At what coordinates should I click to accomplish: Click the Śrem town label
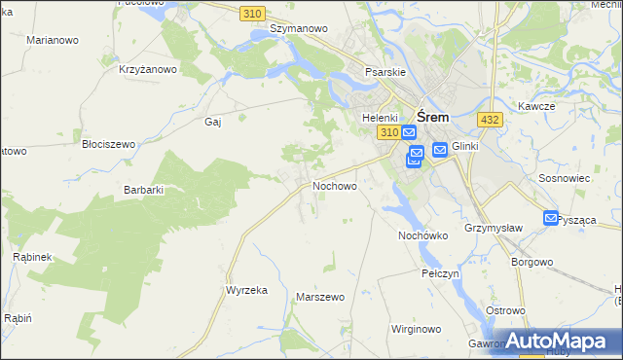click(x=432, y=112)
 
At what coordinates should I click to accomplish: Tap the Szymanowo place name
click(x=298, y=29)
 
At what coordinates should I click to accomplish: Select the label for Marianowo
click(x=53, y=41)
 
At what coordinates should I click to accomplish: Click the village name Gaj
click(x=213, y=123)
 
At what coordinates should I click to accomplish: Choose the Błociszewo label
click(x=108, y=144)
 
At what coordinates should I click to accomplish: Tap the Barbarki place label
click(x=143, y=190)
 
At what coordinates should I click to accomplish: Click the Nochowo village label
click(x=334, y=185)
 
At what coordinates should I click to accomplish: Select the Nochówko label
click(x=422, y=235)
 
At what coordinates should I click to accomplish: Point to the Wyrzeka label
click(x=246, y=291)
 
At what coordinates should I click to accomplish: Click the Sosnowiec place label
click(x=564, y=180)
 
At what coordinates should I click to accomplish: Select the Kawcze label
click(x=536, y=106)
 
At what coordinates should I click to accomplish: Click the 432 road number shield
click(x=490, y=119)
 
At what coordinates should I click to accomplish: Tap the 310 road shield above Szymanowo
click(x=253, y=12)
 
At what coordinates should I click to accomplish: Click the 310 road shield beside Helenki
click(x=389, y=131)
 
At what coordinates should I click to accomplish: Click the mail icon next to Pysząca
click(x=551, y=220)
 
